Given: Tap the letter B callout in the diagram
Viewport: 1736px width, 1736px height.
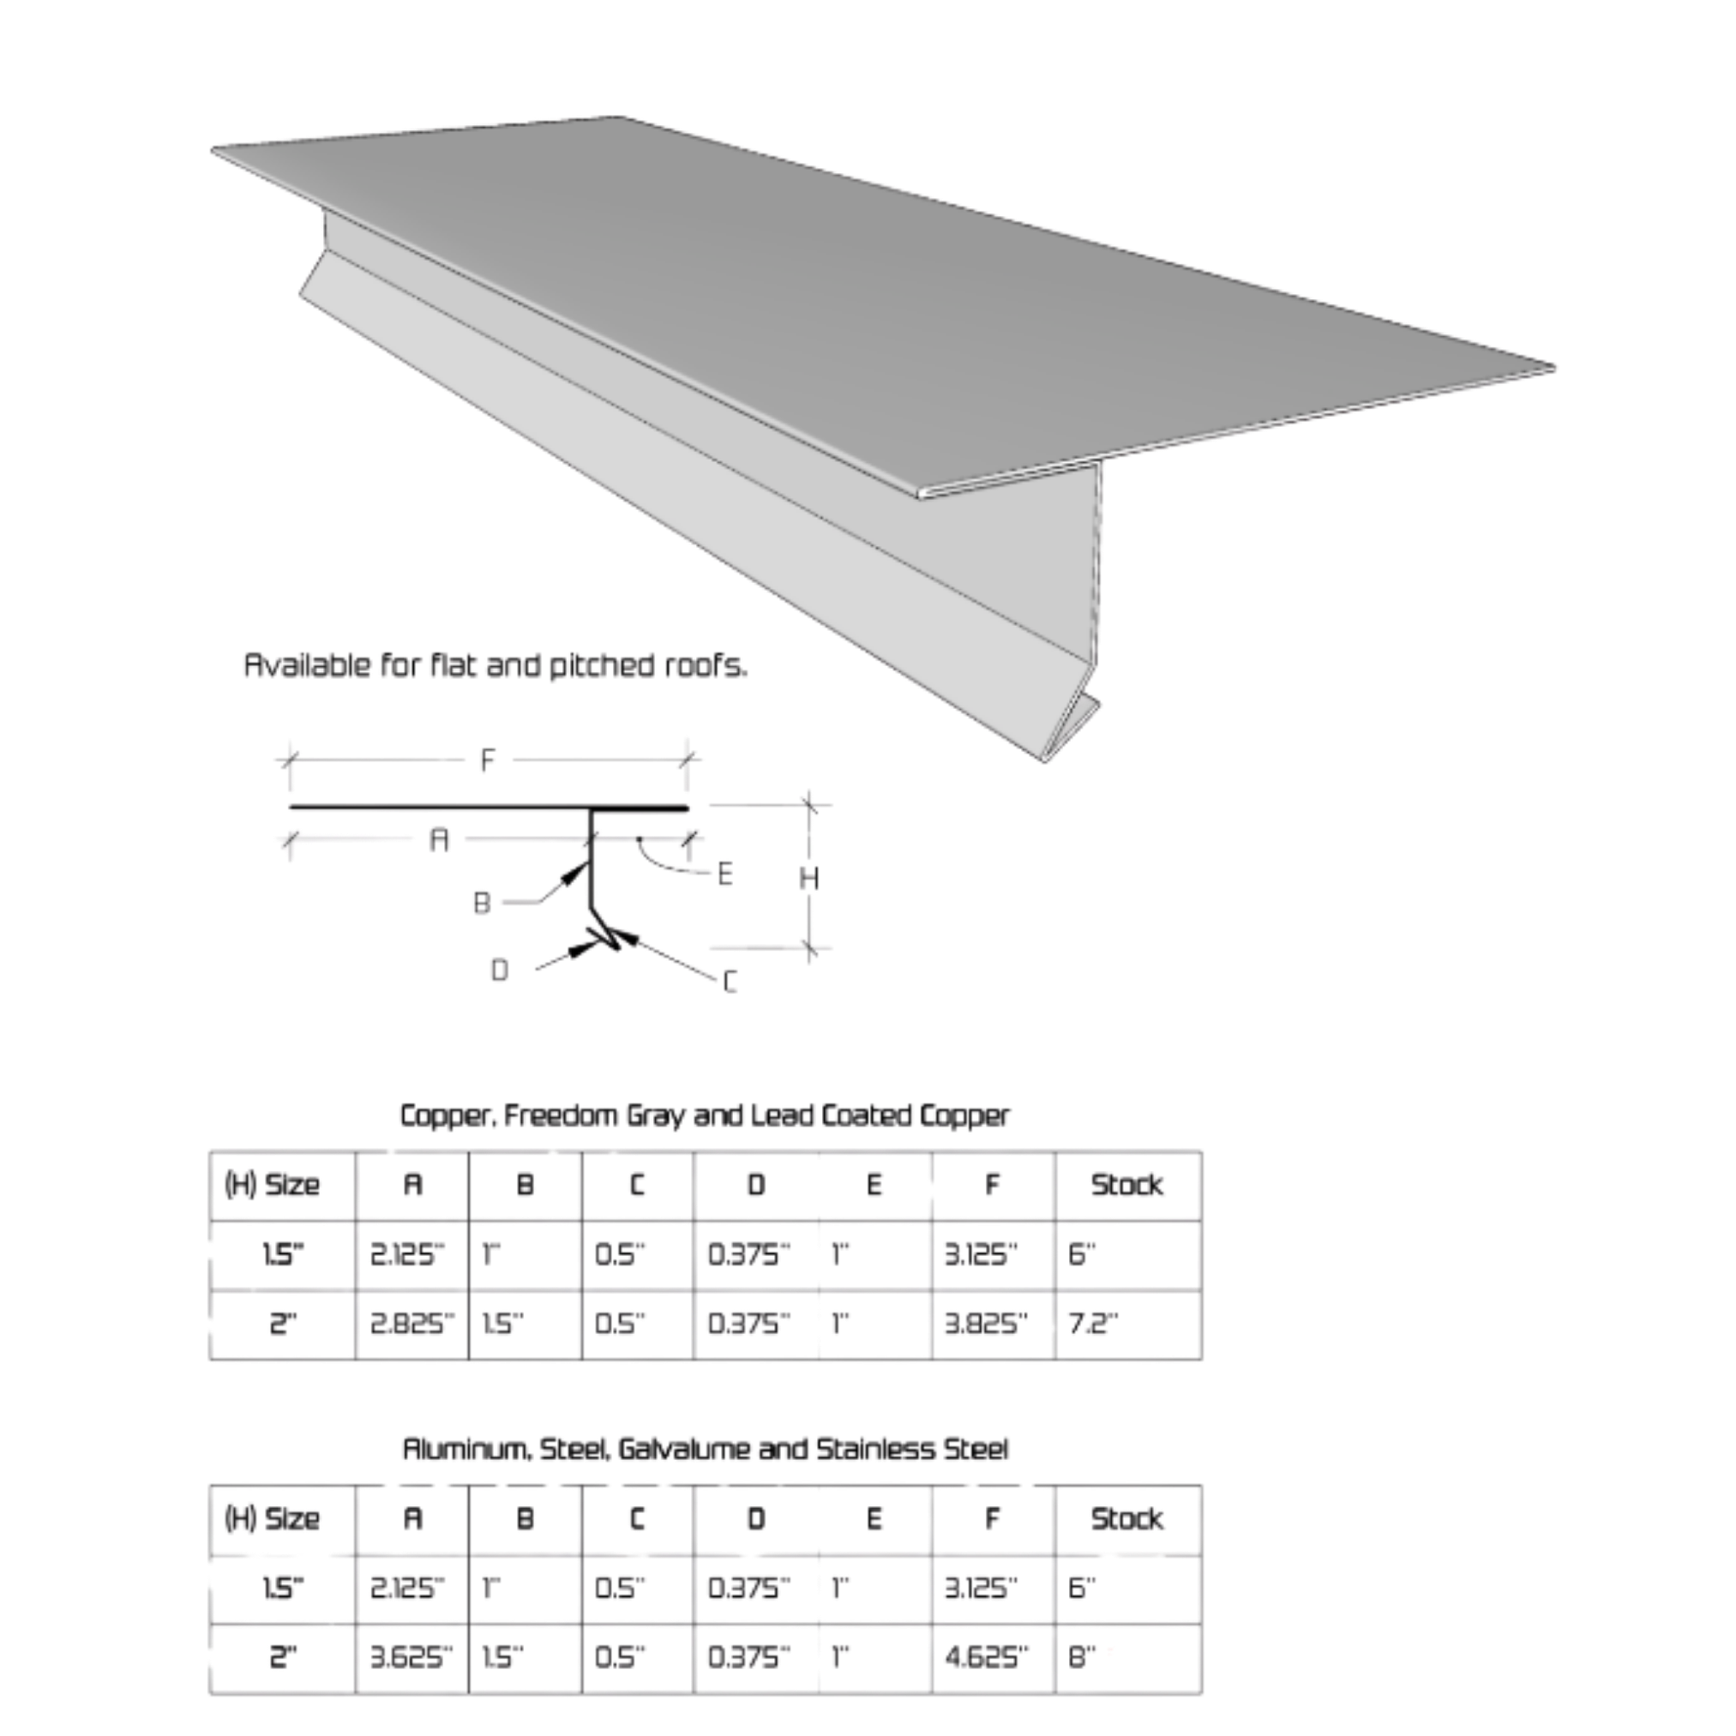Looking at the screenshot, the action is click(483, 901).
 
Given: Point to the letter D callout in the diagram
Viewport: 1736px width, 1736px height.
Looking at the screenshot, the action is click(502, 971).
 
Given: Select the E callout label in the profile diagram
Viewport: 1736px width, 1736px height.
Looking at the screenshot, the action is click(725, 874).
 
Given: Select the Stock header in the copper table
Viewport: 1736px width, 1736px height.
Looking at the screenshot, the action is click(1126, 1185).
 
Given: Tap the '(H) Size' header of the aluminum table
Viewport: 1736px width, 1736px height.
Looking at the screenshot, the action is click(270, 1518).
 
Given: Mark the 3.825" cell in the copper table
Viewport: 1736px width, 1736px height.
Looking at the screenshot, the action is click(985, 1324).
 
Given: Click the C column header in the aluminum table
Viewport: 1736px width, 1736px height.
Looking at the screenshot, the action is click(637, 1518).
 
